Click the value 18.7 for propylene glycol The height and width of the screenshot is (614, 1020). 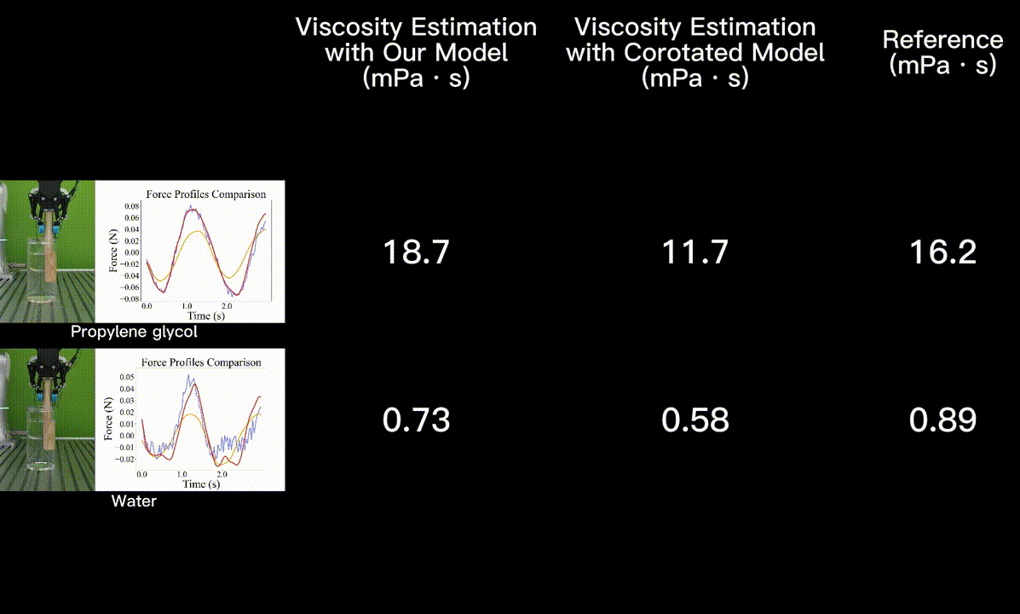[416, 252]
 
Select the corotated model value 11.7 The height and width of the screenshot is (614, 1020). [694, 252]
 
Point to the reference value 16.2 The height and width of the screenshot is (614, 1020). [942, 252]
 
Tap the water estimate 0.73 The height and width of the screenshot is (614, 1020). [416, 420]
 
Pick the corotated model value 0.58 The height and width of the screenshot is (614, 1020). [694, 420]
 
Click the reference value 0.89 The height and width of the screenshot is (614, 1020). [942, 420]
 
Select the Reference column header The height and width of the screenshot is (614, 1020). [942, 52]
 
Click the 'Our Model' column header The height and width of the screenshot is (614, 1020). [416, 52]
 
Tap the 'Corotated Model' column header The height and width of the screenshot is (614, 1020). [694, 52]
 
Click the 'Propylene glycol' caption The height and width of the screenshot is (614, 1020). [134, 332]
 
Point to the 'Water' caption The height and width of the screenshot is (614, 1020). [134, 501]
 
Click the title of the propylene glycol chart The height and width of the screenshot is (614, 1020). [205, 194]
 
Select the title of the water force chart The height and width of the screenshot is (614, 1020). [201, 362]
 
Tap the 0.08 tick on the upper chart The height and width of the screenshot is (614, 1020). [131, 206]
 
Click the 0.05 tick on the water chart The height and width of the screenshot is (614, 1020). [126, 376]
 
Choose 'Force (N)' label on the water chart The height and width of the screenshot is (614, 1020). [108, 419]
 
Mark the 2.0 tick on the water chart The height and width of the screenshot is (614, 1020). [222, 473]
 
